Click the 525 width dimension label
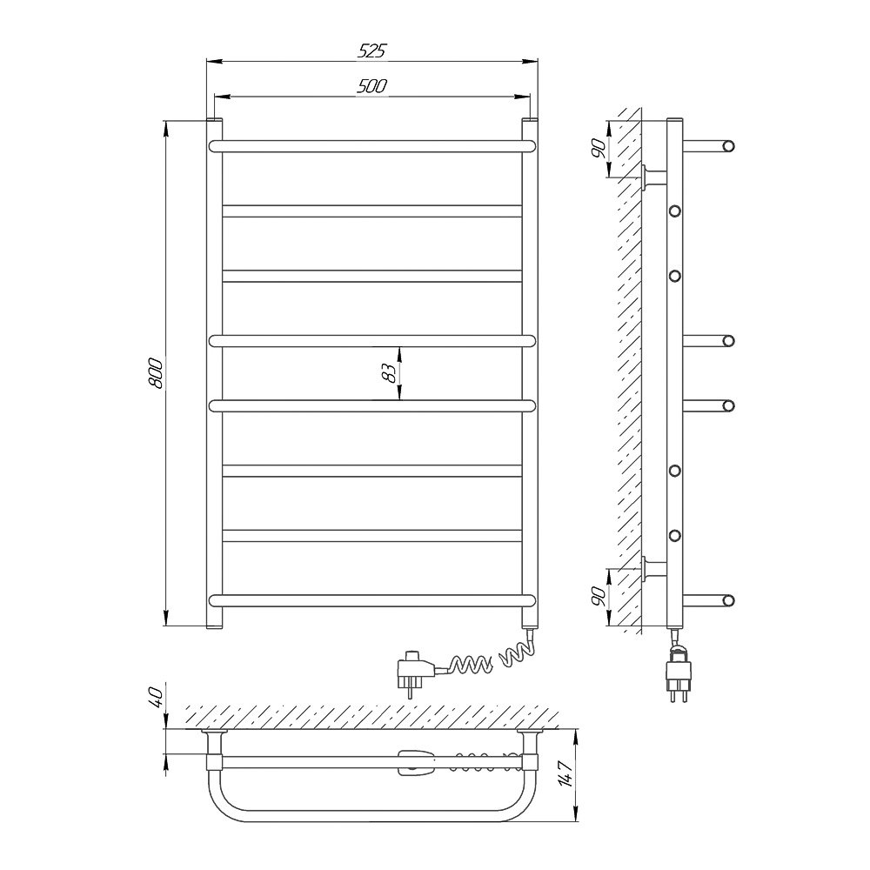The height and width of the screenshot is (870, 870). click(371, 51)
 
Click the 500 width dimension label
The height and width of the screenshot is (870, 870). click(371, 86)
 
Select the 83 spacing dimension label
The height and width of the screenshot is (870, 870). click(390, 373)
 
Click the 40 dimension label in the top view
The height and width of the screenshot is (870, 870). click(156, 698)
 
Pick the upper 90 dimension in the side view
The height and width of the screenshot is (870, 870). click(599, 150)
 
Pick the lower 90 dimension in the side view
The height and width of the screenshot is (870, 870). click(599, 596)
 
